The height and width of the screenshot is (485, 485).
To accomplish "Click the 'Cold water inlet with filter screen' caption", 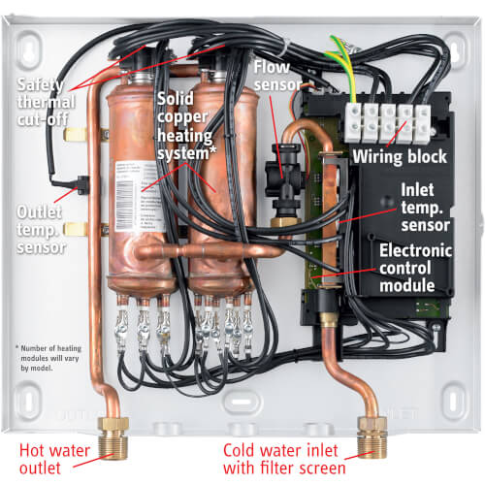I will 284,458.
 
